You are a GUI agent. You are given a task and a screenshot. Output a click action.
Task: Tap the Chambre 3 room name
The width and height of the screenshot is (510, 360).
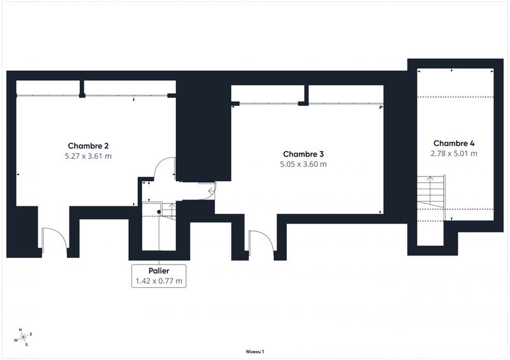(303, 154)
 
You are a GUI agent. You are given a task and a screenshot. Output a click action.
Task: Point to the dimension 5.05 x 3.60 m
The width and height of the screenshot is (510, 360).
(303, 164)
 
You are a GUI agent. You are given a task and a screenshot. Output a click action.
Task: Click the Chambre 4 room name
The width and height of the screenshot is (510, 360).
(453, 143)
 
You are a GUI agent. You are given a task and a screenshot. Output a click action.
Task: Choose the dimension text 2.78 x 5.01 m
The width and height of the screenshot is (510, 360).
(453, 154)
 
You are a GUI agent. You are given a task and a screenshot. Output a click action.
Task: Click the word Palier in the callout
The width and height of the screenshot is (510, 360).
(159, 271)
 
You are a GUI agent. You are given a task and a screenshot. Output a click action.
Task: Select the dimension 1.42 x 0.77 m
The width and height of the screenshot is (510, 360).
(159, 280)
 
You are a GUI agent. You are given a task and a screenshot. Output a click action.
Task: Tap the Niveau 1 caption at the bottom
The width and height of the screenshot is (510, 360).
(255, 351)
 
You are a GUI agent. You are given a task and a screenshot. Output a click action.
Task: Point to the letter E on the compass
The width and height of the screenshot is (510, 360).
(31, 335)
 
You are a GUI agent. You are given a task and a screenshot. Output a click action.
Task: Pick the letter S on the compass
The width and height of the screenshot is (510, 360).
(26, 345)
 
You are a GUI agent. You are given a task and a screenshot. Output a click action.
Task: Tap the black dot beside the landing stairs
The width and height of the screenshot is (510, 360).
(159, 212)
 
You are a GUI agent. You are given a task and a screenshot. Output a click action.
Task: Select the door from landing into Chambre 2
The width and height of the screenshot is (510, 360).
(164, 169)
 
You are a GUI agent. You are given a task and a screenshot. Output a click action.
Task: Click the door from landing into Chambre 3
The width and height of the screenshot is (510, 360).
(207, 190)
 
